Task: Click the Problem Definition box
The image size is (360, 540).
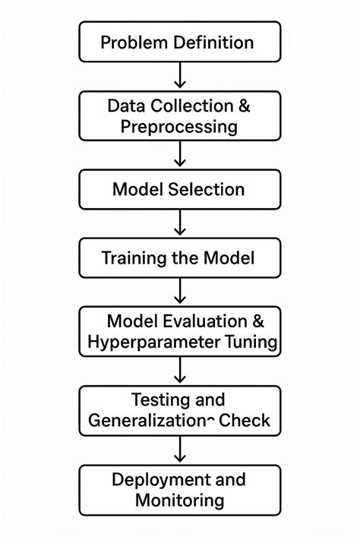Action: pyautogui.click(x=180, y=42)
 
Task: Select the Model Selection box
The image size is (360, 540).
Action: pyautogui.click(x=180, y=189)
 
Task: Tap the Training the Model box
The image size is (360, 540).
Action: pyautogui.click(x=180, y=258)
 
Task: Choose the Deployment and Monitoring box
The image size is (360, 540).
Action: pyautogui.click(x=180, y=490)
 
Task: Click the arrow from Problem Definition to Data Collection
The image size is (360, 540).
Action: pyautogui.click(x=180, y=76)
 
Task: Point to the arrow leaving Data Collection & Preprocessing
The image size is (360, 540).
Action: pyautogui.click(x=180, y=154)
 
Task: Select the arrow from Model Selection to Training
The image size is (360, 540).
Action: pyautogui.click(x=180, y=223)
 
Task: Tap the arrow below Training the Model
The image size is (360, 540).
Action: pyautogui.click(x=180, y=292)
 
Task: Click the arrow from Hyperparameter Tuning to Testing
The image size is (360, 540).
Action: pyautogui.click(x=180, y=371)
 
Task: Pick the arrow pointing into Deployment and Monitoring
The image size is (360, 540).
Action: pyautogui.click(x=180, y=450)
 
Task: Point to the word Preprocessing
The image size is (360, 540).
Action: pyautogui.click(x=179, y=126)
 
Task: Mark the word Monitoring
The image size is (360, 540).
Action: pyautogui.click(x=179, y=500)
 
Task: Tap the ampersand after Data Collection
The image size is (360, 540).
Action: pyautogui.click(x=244, y=106)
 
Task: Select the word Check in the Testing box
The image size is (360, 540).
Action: pyautogui.click(x=245, y=420)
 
